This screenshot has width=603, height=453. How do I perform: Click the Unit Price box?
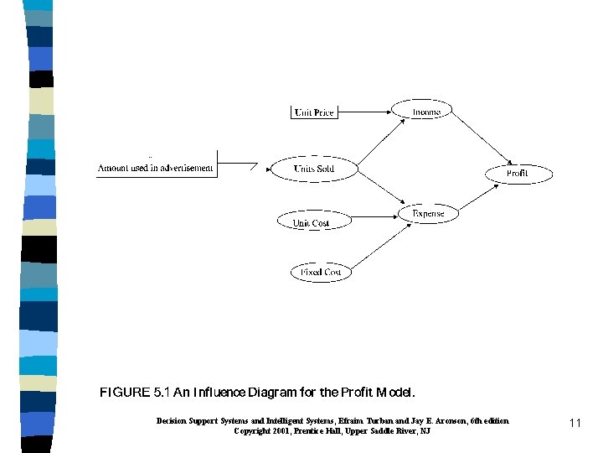click(314, 112)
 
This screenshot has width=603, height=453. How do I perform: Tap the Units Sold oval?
click(313, 169)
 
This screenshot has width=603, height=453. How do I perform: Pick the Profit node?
click(518, 174)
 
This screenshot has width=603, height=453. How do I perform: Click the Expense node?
click(429, 214)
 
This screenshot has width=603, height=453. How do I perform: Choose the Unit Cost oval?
click(310, 222)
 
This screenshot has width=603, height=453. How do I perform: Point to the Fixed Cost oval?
click(322, 272)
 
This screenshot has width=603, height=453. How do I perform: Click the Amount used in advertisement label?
click(156, 168)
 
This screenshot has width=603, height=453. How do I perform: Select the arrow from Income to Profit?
click(482, 138)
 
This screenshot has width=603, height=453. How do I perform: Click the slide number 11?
click(575, 424)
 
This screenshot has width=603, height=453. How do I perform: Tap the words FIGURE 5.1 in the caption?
click(125, 392)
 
